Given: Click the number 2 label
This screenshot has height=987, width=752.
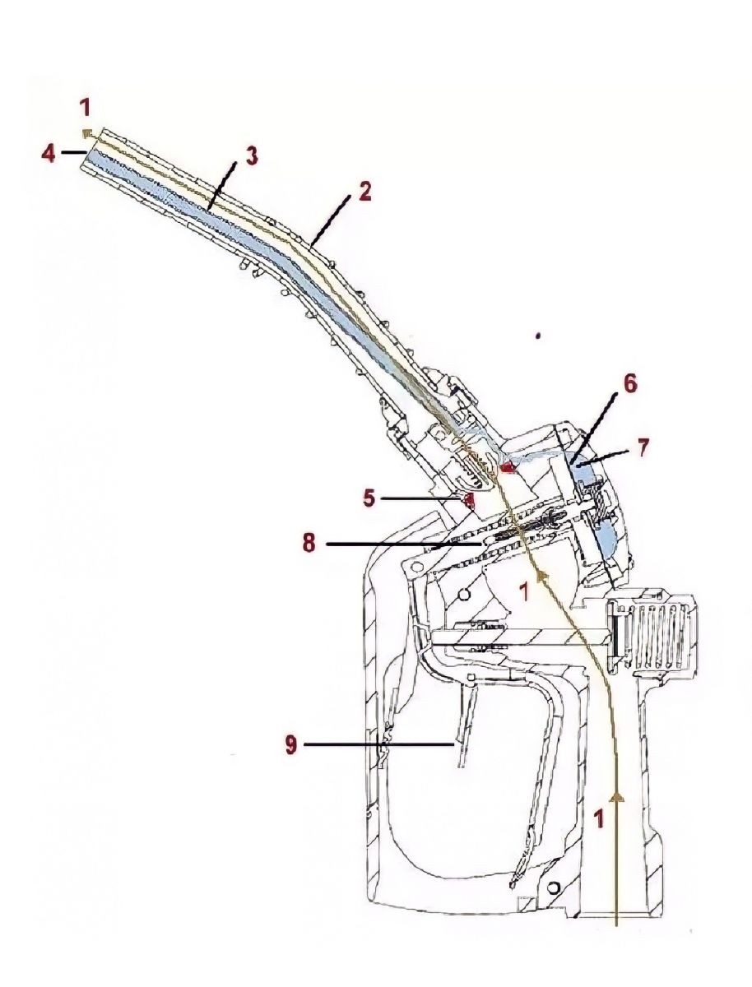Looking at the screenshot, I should (x=364, y=192).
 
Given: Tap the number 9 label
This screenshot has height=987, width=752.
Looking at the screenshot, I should (x=290, y=745).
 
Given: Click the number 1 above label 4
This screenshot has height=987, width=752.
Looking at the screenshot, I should (x=86, y=108).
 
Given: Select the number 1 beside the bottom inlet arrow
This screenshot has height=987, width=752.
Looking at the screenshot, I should (x=599, y=819).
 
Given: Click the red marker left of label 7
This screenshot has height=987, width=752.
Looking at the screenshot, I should (x=508, y=467).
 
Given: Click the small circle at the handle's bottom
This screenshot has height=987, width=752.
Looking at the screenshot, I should (x=552, y=887).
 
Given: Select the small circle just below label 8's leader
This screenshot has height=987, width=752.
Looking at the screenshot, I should (x=467, y=594).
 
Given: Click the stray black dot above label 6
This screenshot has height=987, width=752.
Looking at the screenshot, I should (x=537, y=336).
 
